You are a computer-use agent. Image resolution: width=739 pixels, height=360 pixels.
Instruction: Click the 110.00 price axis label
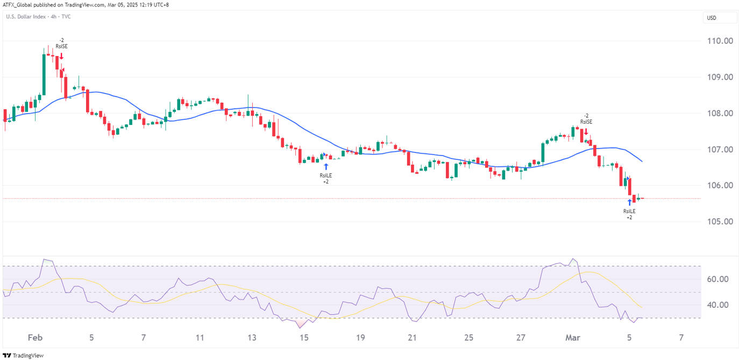[x=720, y=41]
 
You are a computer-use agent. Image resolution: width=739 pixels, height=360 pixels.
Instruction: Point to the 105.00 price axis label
[x=720, y=222]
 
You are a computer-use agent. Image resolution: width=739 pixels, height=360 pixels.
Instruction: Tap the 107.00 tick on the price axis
[x=720, y=149]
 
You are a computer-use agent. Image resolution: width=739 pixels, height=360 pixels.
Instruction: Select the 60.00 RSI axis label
[x=717, y=279]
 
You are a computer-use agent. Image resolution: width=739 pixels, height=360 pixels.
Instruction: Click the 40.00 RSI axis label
[x=717, y=305]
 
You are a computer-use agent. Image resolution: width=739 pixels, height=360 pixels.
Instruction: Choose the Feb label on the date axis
[x=34, y=338]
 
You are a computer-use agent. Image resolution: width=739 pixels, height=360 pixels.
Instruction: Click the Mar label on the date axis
[x=571, y=338]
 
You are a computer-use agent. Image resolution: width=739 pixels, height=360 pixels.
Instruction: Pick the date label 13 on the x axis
[x=252, y=338]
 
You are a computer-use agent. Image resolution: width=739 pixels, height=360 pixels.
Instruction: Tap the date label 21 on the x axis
[x=413, y=338]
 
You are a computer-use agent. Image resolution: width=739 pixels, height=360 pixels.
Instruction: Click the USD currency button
[x=711, y=18]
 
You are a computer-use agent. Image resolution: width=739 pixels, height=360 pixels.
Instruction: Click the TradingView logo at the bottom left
[x=24, y=355]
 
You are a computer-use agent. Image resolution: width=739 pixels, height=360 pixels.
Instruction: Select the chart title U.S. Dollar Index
[x=25, y=17]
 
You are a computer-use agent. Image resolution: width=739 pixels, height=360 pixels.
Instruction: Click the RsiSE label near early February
[x=62, y=46]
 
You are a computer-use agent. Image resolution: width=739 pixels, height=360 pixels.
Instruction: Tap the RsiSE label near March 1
[x=586, y=122]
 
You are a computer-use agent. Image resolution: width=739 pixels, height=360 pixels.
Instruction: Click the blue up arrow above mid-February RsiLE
[x=326, y=166]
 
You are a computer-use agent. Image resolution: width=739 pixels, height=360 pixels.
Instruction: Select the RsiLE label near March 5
[x=629, y=211]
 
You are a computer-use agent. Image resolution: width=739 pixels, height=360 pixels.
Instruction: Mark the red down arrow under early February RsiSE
[x=62, y=55]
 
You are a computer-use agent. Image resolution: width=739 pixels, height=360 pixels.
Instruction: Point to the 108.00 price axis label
[x=720, y=113]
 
